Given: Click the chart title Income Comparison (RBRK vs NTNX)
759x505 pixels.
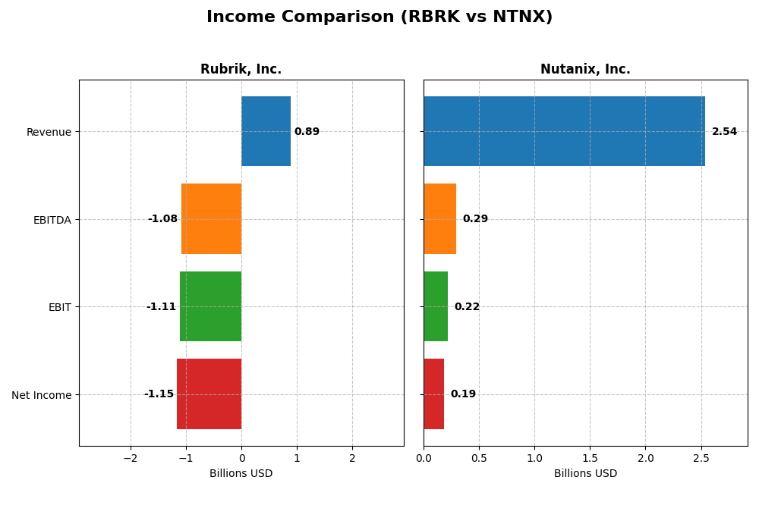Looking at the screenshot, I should (x=379, y=17).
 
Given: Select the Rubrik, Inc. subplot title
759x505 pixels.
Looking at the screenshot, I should (x=241, y=69).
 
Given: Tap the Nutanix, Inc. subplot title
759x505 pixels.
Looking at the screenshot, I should (x=585, y=69).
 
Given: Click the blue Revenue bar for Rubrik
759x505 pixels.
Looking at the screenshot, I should (x=266, y=131).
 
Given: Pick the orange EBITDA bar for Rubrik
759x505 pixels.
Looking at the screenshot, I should (x=211, y=218).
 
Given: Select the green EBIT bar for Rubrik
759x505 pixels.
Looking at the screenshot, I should (x=210, y=306).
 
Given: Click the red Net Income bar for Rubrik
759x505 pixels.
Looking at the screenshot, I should (x=209, y=394).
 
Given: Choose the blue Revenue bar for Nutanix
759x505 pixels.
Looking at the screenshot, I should (x=564, y=131).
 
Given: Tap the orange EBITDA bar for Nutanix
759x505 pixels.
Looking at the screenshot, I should (x=439, y=218).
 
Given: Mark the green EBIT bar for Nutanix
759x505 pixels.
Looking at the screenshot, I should (x=436, y=306).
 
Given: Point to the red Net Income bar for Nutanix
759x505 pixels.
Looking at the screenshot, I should (x=433, y=394).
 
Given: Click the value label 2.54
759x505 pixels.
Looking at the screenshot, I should (x=724, y=132).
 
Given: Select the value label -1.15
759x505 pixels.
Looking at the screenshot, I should (x=159, y=394).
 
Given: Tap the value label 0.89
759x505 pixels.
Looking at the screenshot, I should (x=307, y=132).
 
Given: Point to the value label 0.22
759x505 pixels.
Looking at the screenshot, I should (x=467, y=307).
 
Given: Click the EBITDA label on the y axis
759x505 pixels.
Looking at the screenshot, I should (x=52, y=220).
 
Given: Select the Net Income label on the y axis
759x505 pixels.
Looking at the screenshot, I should (x=41, y=395).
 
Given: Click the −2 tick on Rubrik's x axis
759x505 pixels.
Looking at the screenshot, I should (x=131, y=459).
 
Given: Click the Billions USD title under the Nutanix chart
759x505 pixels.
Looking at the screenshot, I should (x=585, y=474).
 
